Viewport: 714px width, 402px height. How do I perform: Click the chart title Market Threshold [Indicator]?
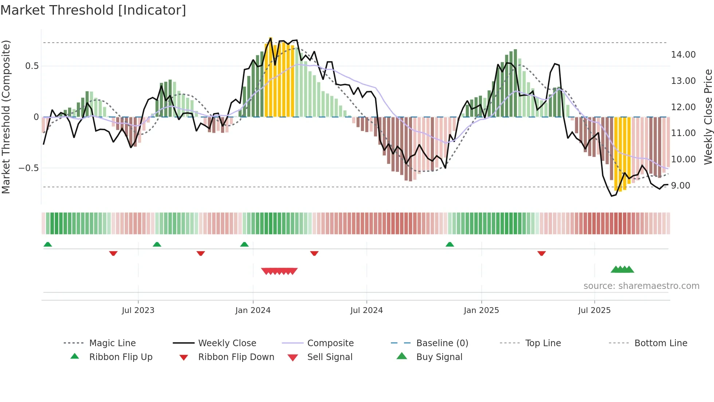tap(93, 10)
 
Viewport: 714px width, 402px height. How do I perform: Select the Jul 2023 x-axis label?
tap(138, 310)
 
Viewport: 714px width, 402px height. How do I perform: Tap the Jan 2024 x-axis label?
tap(253, 310)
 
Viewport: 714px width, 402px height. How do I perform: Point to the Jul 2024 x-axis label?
tap(366, 310)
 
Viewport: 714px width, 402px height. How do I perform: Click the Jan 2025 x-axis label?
tap(481, 310)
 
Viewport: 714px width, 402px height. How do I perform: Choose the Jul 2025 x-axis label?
tap(594, 310)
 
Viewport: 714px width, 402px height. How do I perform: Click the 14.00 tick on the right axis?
tap(683, 55)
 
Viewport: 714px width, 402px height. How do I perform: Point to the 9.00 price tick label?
tap(680, 186)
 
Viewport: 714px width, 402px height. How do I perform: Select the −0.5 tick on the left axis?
tap(28, 168)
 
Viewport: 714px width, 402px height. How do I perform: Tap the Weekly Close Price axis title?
tap(708, 117)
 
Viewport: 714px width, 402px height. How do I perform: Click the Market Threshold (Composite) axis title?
tap(6, 117)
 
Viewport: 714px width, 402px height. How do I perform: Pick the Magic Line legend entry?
tap(112, 343)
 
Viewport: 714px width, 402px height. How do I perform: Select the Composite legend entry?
tap(330, 343)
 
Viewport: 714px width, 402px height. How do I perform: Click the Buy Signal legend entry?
tap(439, 357)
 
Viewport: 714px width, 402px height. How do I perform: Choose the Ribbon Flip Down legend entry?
tap(236, 357)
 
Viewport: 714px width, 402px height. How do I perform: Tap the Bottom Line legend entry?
tap(660, 343)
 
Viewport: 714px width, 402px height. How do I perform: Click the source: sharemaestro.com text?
tap(641, 286)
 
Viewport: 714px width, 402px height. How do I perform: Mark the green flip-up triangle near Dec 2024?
tap(450, 244)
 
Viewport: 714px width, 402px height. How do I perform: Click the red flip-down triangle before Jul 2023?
tap(113, 253)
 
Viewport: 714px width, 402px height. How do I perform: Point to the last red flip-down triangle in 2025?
tap(541, 253)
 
